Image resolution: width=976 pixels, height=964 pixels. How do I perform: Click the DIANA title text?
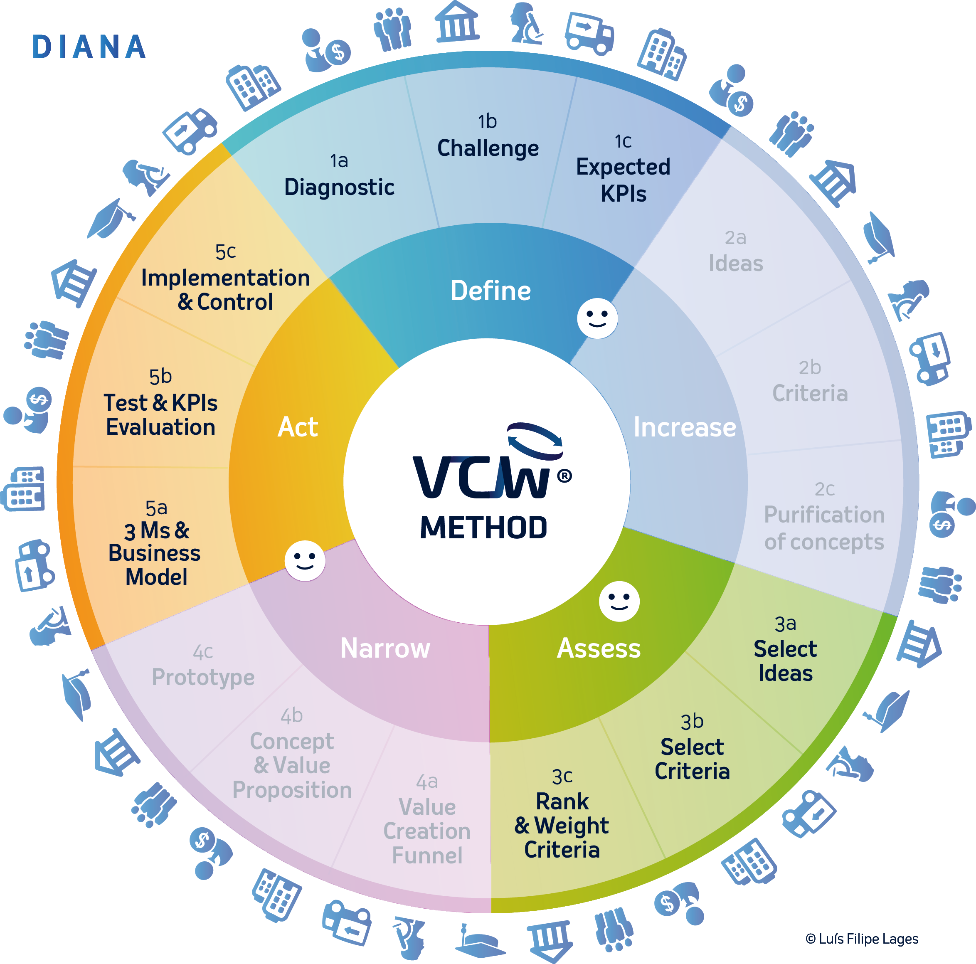click(89, 47)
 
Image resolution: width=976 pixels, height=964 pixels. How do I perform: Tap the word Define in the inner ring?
click(490, 291)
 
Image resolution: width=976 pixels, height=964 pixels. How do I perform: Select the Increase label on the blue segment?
click(684, 427)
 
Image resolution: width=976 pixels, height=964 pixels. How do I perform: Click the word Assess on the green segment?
click(598, 648)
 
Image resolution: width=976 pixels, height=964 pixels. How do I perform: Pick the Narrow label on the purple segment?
click(385, 648)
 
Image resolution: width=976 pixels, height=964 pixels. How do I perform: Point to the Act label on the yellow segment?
click(298, 427)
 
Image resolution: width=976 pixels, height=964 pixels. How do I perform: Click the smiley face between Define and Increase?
click(597, 318)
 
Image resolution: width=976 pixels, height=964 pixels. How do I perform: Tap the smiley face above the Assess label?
click(619, 601)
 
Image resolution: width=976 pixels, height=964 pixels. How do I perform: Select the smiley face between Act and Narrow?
click(305, 561)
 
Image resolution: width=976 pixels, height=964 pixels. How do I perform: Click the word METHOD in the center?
click(483, 528)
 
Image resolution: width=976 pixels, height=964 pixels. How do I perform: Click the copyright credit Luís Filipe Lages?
click(862, 939)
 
